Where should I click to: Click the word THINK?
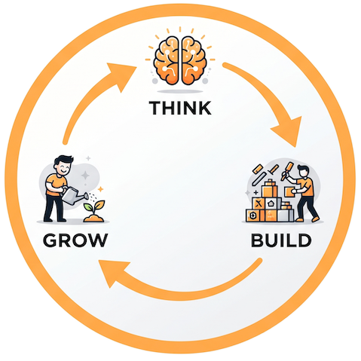[x=180, y=108]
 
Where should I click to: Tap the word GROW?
[x=75, y=240]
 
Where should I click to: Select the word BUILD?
[x=281, y=240]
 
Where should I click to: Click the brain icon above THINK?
[x=180, y=61]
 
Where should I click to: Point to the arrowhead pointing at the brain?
[x=121, y=75]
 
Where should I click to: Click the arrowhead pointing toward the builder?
[x=289, y=130]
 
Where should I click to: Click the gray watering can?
[x=73, y=195]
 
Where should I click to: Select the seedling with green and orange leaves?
[x=95, y=207]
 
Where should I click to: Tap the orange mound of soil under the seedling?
[x=93, y=218]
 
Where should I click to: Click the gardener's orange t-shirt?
[x=56, y=185]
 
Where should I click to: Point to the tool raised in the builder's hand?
[x=286, y=171]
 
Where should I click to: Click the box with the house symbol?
[x=272, y=203]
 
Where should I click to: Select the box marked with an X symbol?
[x=259, y=203]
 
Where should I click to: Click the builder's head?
[x=303, y=171]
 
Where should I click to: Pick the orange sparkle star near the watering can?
[x=100, y=189]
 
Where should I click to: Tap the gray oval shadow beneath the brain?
[x=180, y=91]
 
